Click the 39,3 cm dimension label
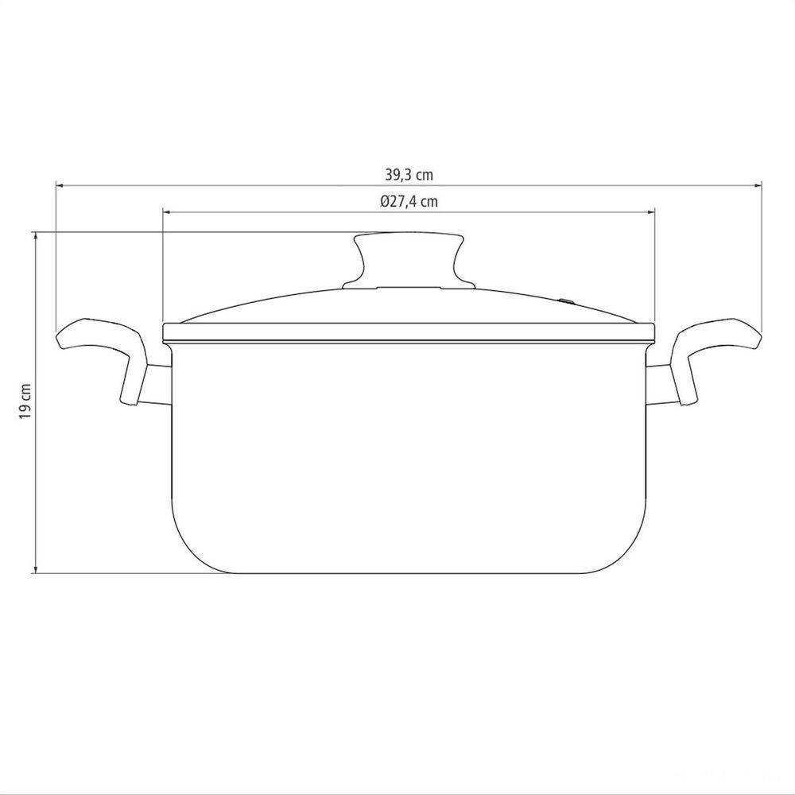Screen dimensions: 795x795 [x=409, y=176]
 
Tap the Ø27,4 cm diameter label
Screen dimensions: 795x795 [x=409, y=202]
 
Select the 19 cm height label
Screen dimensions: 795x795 [x=26, y=401]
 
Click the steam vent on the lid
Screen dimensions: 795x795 [x=566, y=301]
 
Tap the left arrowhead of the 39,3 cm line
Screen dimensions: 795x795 [x=59, y=185]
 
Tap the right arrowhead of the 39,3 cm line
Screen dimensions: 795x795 [x=758, y=185]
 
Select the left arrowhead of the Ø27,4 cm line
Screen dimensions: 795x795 [x=166, y=212]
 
